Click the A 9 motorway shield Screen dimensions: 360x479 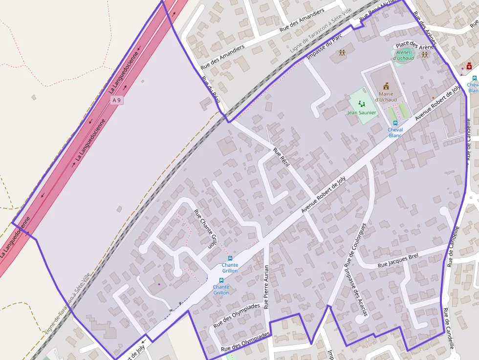pos(116,100)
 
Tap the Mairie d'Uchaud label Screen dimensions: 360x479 pos(386,97)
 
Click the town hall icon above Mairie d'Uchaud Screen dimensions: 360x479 pos(386,86)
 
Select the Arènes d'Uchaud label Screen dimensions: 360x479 pos(404,55)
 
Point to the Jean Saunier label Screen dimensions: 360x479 pos(362,113)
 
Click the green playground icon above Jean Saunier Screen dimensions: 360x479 pos(362,104)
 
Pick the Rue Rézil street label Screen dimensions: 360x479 pos(282,157)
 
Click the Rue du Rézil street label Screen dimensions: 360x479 pos(212,89)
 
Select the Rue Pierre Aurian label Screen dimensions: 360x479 pos(266,287)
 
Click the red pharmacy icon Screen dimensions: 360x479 pos(469,66)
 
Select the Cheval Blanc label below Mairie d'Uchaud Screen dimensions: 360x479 pos(395,132)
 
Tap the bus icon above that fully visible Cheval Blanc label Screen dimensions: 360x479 pos(395,123)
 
